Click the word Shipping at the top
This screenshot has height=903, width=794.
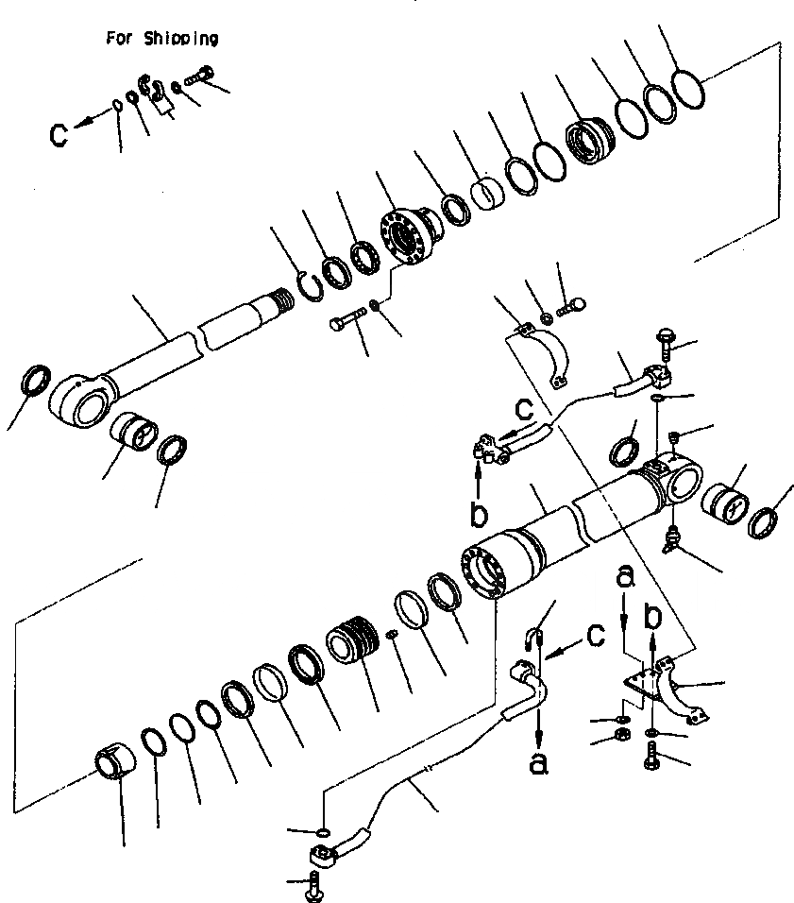tap(182, 39)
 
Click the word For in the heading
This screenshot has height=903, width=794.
tap(119, 39)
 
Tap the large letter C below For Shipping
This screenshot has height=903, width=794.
tap(59, 134)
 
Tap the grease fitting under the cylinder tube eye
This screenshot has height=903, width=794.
tap(672, 539)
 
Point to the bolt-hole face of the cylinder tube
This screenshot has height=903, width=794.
tap(482, 572)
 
